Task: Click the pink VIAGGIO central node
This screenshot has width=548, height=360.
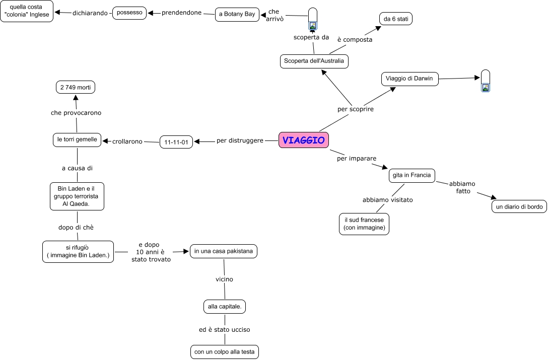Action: point(304,140)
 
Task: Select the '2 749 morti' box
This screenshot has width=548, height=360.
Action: point(76,87)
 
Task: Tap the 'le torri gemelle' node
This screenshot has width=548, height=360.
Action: point(77,139)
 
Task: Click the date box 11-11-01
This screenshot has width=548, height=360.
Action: point(176,142)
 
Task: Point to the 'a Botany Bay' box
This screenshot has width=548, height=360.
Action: point(237,14)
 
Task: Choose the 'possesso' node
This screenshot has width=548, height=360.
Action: point(129,13)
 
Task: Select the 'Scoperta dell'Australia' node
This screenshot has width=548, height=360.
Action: point(314,61)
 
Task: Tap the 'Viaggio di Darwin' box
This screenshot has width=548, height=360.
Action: point(409,79)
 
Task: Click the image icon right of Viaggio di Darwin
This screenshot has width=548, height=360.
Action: point(485,87)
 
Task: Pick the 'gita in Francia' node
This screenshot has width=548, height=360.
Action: point(412,175)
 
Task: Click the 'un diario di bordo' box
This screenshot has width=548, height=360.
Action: point(519,207)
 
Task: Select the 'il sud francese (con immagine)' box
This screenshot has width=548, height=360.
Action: point(364,224)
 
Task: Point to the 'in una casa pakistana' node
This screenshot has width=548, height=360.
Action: point(223,251)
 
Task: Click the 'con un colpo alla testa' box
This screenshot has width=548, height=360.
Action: point(225,352)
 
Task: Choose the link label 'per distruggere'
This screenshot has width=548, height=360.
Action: point(240,140)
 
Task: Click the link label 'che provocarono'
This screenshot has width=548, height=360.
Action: point(76,113)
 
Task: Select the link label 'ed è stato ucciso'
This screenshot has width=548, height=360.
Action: point(225,330)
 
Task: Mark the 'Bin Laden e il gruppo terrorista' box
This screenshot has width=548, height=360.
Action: point(78,196)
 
